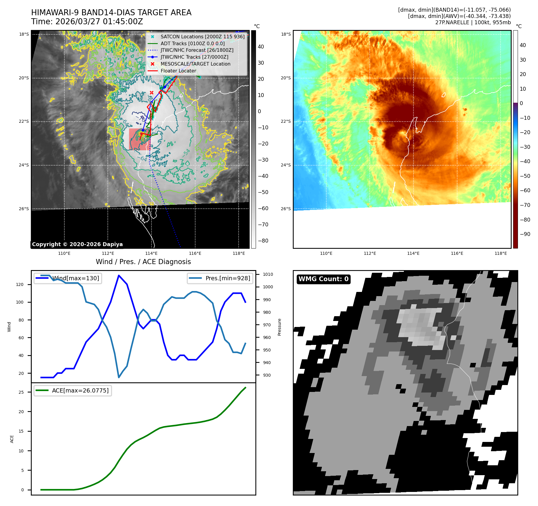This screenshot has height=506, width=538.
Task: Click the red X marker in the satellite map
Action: click(x=151, y=93)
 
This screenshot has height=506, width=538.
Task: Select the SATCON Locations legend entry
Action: click(x=202, y=37)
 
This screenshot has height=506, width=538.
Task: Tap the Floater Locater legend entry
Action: click(x=178, y=71)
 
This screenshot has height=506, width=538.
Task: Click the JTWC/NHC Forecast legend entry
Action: click(x=197, y=50)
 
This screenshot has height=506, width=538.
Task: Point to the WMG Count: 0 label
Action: click(x=323, y=279)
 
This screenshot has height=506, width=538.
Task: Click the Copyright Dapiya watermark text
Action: click(x=77, y=244)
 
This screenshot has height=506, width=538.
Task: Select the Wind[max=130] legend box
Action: click(x=68, y=278)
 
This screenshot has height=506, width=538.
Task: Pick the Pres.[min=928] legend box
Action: click(x=220, y=278)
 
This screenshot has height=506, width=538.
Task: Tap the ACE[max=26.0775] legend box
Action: click(x=73, y=390)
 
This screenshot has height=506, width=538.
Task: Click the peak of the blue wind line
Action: click(x=119, y=275)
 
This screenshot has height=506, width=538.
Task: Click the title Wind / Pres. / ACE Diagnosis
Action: click(x=143, y=262)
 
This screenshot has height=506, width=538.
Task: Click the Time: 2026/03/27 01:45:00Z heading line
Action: click(x=87, y=22)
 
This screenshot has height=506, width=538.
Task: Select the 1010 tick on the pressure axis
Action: click(x=268, y=274)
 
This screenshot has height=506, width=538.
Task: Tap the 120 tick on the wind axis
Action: click(x=20, y=284)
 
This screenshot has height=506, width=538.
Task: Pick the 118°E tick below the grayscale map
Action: click(x=239, y=253)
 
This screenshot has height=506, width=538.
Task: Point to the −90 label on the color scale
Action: click(x=525, y=234)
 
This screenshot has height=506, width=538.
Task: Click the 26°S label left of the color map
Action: click(x=286, y=209)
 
